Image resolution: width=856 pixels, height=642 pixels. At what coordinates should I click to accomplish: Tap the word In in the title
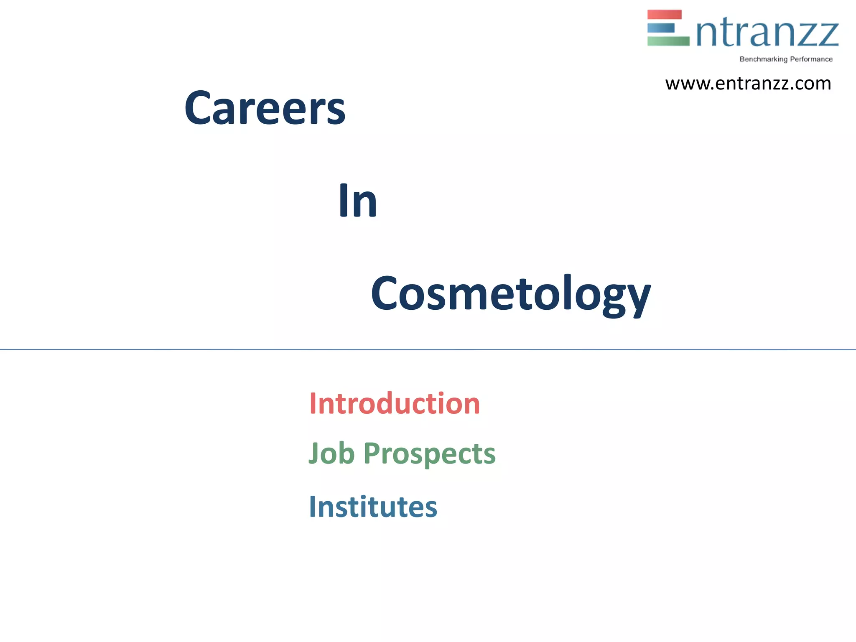coord(358,201)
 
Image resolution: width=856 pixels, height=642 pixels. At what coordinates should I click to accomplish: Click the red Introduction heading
coord(395,404)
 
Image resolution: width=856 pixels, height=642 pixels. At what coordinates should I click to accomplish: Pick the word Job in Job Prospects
coord(331,453)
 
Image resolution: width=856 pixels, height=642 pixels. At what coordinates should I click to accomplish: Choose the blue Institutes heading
coord(373,507)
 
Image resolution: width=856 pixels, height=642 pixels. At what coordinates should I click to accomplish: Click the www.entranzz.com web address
coord(748,84)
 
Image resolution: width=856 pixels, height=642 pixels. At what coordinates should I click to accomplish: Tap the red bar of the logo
coord(664,15)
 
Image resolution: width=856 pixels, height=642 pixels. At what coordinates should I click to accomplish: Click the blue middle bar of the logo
coord(661,28)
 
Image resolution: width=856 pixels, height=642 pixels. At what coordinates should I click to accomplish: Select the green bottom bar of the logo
coord(668,41)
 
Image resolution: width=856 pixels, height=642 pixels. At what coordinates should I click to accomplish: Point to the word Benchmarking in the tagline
coord(763,59)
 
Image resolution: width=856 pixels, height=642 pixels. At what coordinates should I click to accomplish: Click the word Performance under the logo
coord(811,59)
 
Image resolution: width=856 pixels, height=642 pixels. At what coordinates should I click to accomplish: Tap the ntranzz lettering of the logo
coord(767,33)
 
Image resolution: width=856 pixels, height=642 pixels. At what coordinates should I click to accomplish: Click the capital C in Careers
coord(198,108)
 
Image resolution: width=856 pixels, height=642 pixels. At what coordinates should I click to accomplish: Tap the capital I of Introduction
coord(313,404)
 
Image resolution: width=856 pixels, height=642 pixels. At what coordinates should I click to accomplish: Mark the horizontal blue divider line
coord(428,349)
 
